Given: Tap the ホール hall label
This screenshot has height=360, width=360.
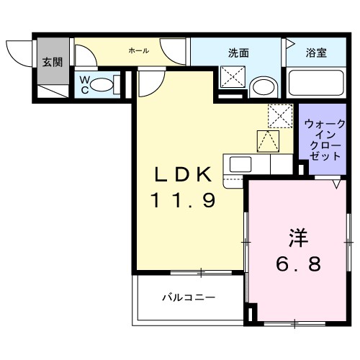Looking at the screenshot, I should coord(138,50).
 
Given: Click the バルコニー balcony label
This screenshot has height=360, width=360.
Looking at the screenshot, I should coord(187,297).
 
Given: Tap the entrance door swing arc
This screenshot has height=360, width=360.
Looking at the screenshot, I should coord(17,54).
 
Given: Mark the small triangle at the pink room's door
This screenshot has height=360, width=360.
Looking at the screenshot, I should coord(336,185).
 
